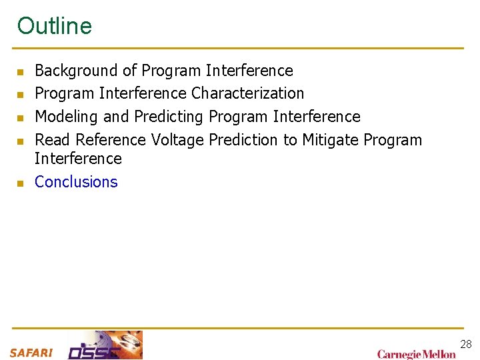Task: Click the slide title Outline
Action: (55, 26)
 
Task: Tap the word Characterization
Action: (247, 93)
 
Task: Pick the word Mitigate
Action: (331, 140)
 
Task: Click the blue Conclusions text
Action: (76, 182)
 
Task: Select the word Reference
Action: (111, 140)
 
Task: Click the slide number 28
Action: (465, 344)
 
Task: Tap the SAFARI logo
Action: (31, 353)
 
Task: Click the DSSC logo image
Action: (105, 345)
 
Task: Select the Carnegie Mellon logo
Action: (417, 354)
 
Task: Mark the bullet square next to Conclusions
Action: (21, 183)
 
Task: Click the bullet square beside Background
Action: (21, 71)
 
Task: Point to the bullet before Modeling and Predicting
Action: (21, 118)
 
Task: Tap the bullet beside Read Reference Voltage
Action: (21, 141)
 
